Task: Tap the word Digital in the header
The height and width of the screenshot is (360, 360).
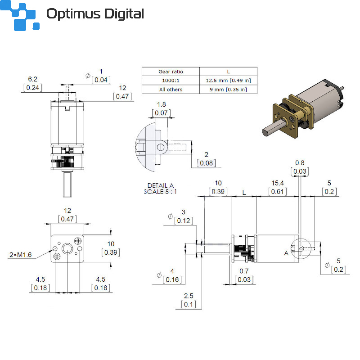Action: tap(124, 14)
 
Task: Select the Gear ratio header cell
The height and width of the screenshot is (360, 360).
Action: tap(171, 72)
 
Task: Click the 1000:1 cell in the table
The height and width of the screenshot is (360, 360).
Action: tap(171, 81)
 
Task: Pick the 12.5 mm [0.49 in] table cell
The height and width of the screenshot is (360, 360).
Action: tap(228, 81)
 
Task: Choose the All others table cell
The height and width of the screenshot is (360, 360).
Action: tap(171, 89)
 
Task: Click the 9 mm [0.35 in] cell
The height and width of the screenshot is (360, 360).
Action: tap(228, 89)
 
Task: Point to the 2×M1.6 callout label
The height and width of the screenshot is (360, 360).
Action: tap(20, 255)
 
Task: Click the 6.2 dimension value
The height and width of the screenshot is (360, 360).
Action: tap(32, 79)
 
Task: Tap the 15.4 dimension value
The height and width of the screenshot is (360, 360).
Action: tap(278, 183)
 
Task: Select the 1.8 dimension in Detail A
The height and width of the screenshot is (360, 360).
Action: tap(162, 104)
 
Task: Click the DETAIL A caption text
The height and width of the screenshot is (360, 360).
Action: tap(160, 185)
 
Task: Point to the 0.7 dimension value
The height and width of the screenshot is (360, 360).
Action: tap(244, 271)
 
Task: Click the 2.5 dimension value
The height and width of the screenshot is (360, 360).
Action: tap(189, 296)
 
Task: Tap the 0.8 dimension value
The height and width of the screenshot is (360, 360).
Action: tap(300, 163)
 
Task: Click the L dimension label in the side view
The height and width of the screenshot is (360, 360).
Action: tap(244, 193)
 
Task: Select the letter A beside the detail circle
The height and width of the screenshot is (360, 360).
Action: tap(286, 253)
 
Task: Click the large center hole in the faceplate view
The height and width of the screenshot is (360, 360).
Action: tap(67, 248)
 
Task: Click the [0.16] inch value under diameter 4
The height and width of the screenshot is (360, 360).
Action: tap(172, 279)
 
